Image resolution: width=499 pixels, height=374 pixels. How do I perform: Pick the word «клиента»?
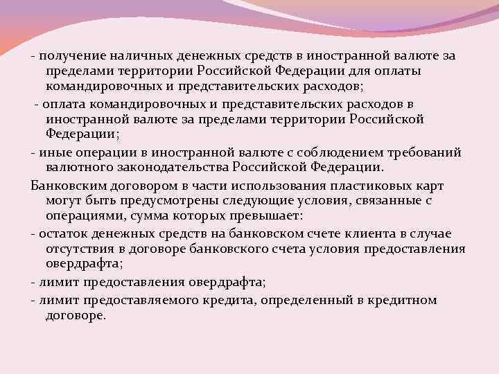(x=365, y=234)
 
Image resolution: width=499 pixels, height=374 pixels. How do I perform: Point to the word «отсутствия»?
(x=82, y=249)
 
